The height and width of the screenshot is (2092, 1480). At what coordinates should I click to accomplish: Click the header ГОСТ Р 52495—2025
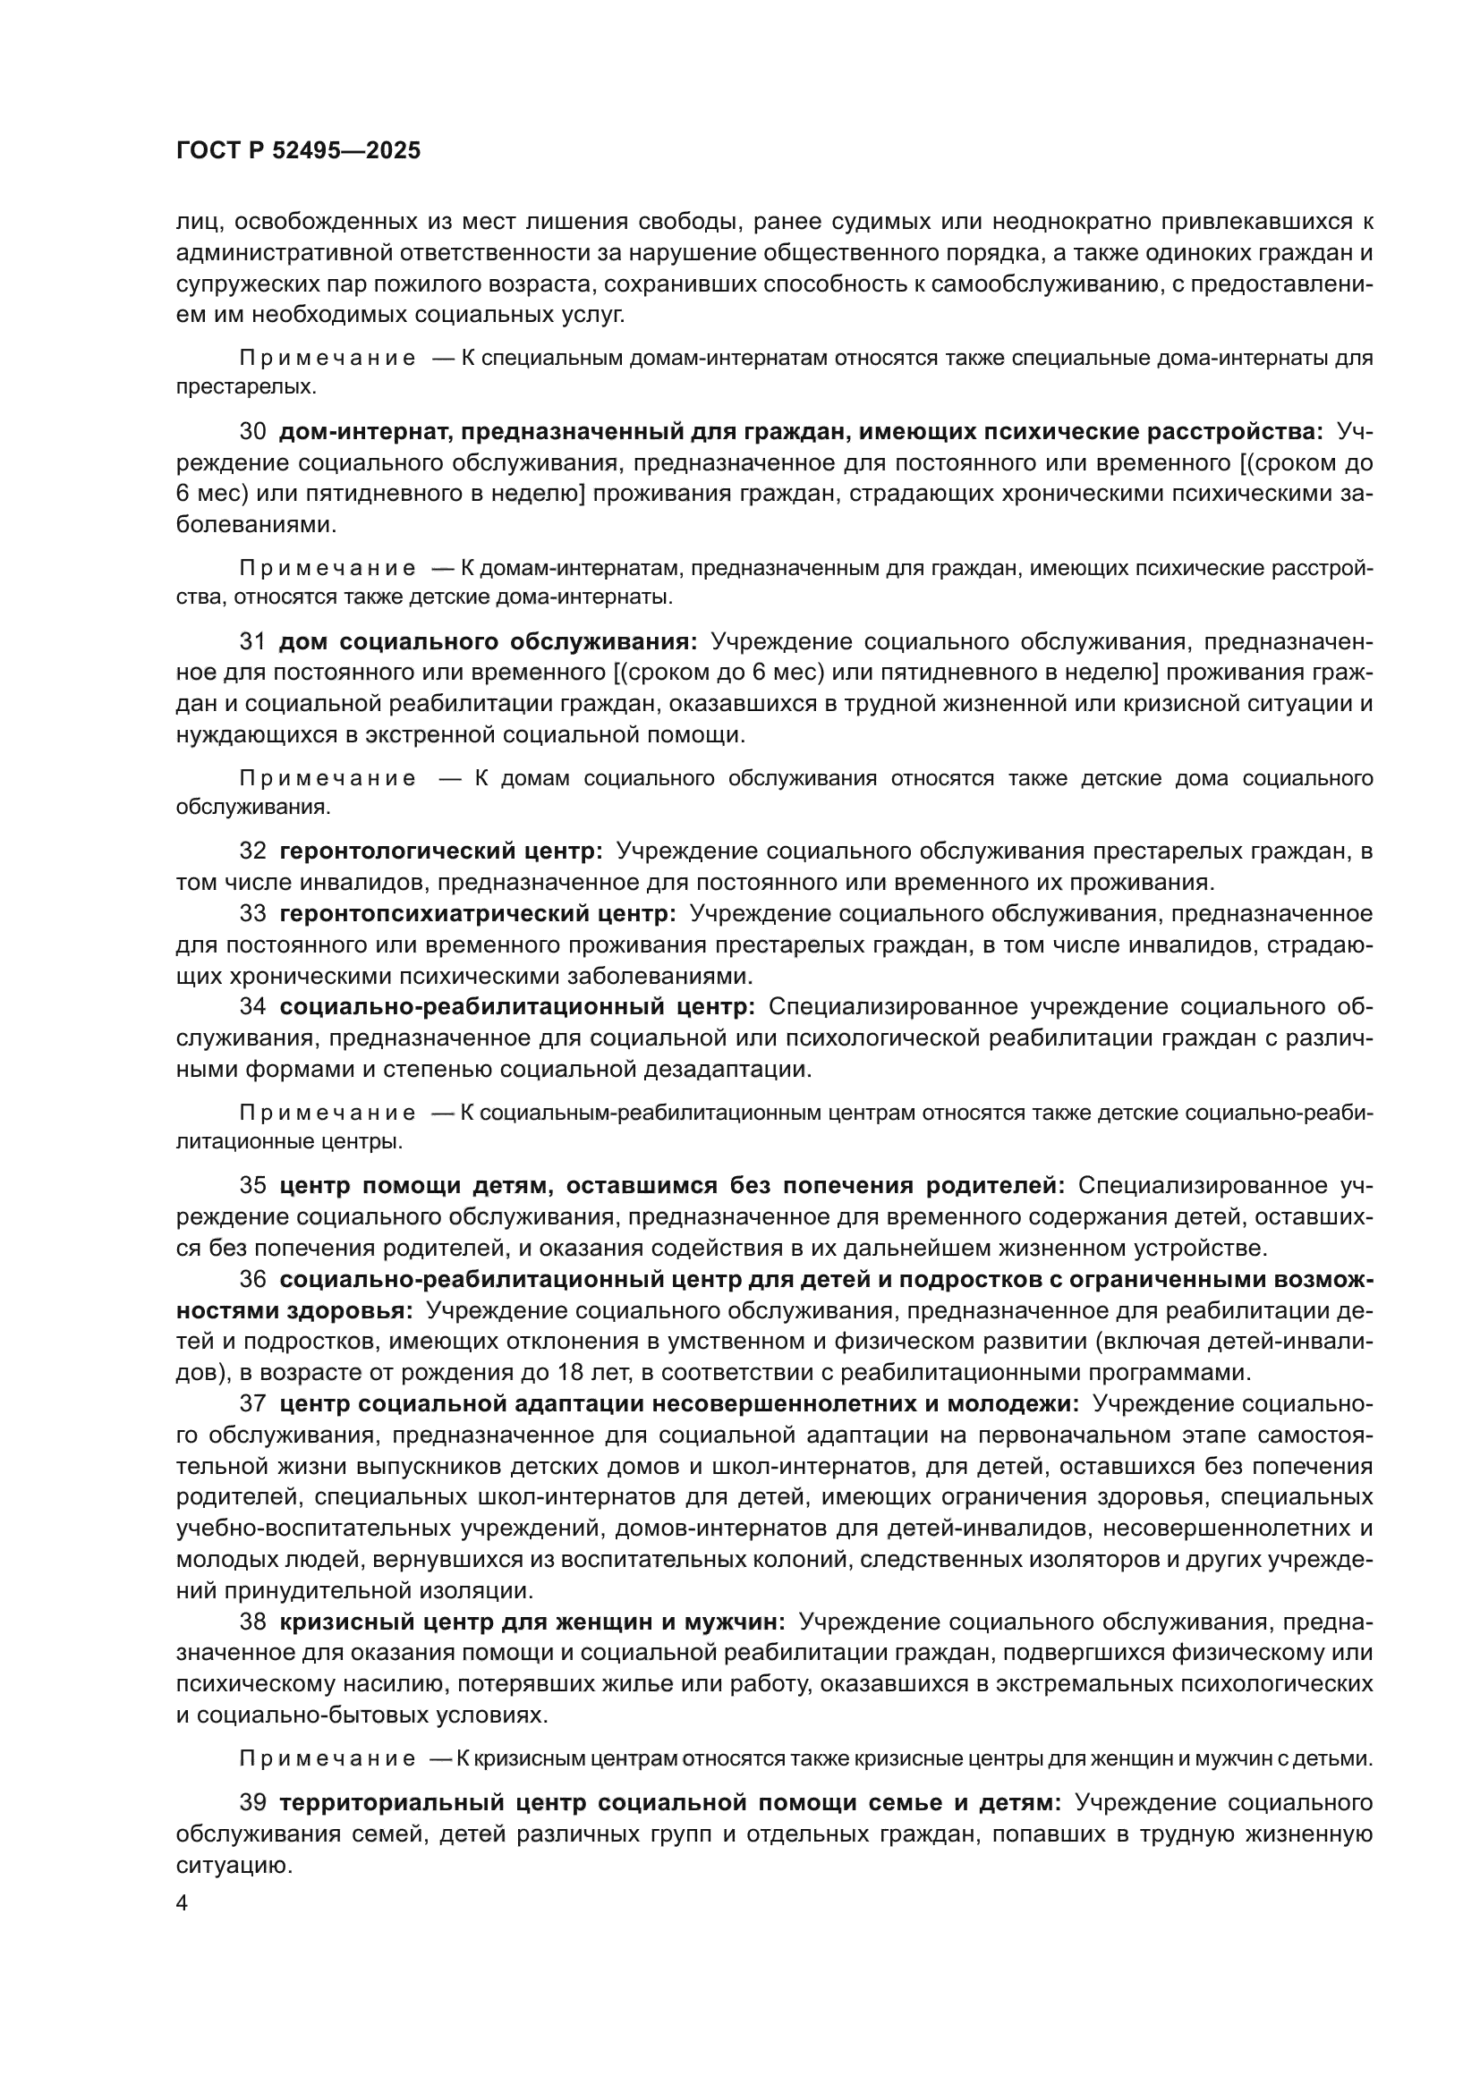(x=298, y=150)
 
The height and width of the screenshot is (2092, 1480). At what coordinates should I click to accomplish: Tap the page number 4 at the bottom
(x=183, y=1903)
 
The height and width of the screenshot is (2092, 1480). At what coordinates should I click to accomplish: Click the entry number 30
(x=252, y=431)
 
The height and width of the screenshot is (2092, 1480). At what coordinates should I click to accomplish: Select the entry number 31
(x=252, y=641)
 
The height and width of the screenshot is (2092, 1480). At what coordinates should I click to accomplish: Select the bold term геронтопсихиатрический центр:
(x=478, y=914)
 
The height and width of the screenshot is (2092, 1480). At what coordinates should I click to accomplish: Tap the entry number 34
(x=252, y=1007)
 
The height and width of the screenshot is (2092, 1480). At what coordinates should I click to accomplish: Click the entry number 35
(x=252, y=1185)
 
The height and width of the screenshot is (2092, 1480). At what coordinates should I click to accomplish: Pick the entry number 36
(x=252, y=1279)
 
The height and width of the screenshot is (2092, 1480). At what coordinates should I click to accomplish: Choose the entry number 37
(x=252, y=1404)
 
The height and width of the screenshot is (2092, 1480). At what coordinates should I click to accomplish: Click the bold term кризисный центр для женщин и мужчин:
(x=532, y=1622)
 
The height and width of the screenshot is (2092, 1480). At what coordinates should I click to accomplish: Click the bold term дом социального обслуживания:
(x=488, y=641)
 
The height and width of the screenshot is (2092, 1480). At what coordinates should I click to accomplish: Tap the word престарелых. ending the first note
(x=246, y=387)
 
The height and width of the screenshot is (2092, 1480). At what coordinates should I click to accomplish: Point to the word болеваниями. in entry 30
(x=256, y=525)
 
